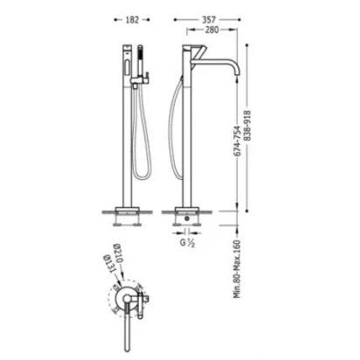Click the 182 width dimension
click(x=132, y=20)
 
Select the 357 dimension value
click(x=209, y=19)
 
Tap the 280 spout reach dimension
click(x=211, y=30)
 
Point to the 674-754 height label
click(x=238, y=141)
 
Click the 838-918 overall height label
click(x=247, y=126)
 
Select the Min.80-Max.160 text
click(x=238, y=269)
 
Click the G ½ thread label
click(x=187, y=243)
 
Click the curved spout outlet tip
click(x=238, y=75)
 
